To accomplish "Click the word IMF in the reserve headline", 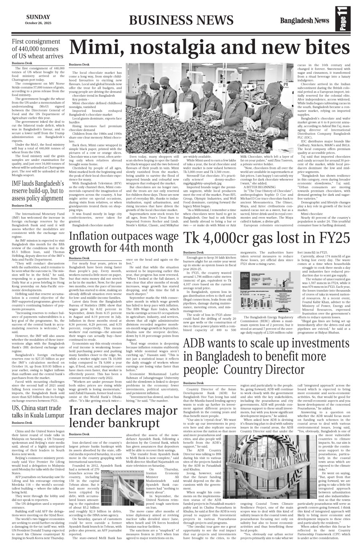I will (18, 185).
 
